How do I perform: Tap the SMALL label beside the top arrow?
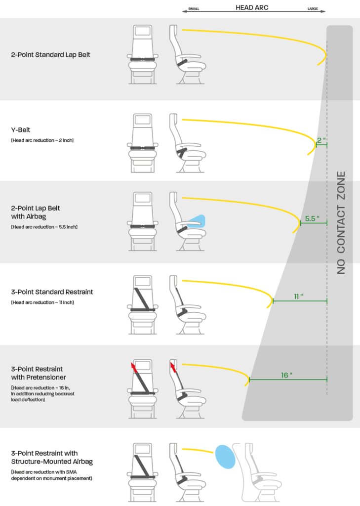tap(193, 9)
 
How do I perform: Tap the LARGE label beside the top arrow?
tap(313, 9)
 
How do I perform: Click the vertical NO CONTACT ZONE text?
tap(341, 223)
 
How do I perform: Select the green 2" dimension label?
tap(321, 140)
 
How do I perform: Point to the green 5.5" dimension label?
tap(313, 218)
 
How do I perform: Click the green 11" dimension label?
tap(298, 296)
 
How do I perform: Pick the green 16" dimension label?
tap(286, 375)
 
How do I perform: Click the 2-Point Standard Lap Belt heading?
tap(50, 54)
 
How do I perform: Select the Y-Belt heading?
tap(21, 130)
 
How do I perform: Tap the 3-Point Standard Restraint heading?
tap(52, 292)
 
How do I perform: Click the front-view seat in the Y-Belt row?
tap(143, 143)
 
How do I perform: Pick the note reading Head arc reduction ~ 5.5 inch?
tap(44, 227)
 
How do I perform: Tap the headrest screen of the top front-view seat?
tap(143, 31)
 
